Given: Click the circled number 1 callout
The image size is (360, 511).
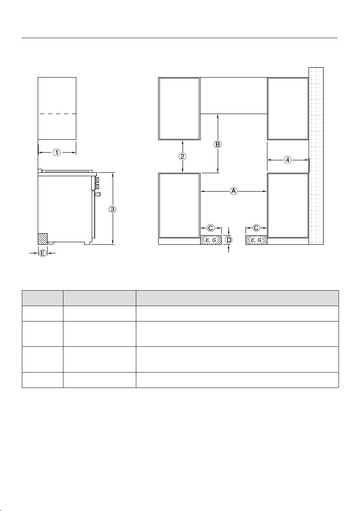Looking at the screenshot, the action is point(57,152).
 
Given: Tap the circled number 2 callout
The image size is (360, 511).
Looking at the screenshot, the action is point(183,156).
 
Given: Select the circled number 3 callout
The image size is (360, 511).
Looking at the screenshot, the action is point(112,209).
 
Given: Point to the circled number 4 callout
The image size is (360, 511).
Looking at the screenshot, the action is point(287,159).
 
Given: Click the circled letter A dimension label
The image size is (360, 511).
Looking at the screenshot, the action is point(234,191).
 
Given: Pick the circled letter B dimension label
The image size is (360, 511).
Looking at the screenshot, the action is point(218,144).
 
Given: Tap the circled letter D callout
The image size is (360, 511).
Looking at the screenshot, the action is point(229,240).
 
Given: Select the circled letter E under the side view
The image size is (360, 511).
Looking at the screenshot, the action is point(43,253).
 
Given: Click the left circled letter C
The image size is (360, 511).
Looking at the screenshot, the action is point(211,228).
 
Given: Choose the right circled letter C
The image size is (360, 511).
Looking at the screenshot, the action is point(256,228).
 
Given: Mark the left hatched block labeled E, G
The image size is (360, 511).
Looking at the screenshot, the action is point(211,240).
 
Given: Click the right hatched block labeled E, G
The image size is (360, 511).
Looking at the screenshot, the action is point(256,240).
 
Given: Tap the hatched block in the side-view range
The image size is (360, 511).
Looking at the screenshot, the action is point(43,239).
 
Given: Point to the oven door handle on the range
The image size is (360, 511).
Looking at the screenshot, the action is point(97,195).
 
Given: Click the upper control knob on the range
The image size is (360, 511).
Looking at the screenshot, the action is point(96,180).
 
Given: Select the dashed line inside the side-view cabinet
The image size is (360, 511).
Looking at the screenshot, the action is point(57,114).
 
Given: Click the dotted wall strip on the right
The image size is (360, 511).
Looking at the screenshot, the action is point(316,156).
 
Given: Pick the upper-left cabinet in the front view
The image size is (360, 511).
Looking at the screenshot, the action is point(179,108).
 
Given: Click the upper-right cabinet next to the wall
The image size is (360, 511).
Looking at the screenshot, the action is point(288,108).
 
